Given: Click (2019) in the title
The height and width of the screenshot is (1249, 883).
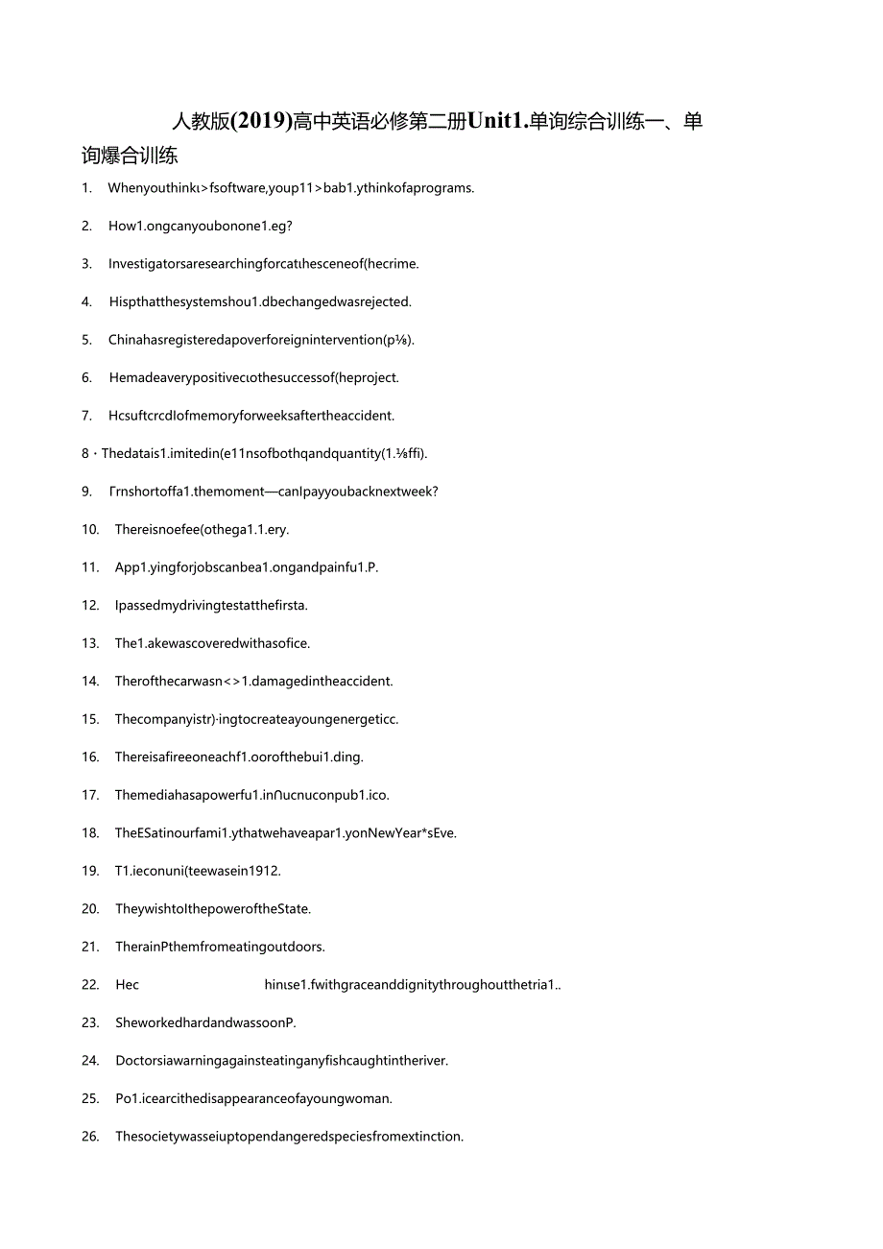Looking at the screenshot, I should point(261,122).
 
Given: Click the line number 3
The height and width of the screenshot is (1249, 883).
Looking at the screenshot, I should point(86,264).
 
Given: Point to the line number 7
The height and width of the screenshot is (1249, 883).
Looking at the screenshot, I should point(86,416).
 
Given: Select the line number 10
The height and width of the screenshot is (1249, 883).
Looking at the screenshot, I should point(90,530).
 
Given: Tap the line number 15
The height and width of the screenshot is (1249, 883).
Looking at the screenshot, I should point(90,719).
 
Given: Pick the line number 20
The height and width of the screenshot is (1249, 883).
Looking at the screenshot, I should point(90,909).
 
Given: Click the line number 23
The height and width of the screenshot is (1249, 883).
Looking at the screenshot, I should point(90,1023).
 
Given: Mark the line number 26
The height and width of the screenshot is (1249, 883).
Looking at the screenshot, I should point(90,1137).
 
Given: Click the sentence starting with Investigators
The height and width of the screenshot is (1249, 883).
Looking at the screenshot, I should point(263,264).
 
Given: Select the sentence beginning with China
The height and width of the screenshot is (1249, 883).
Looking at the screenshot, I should point(261,340).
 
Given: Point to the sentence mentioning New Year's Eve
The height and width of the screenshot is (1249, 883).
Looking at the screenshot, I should point(286,833).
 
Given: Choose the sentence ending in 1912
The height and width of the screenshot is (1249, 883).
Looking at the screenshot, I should point(198,872).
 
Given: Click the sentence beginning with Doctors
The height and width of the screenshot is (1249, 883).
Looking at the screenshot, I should point(281,1061).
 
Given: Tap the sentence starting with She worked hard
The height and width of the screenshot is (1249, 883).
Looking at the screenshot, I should point(205,1023).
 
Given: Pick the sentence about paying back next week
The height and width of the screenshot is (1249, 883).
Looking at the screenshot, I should point(274,492).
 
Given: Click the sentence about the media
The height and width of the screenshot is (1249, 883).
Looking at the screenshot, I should point(251,795).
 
